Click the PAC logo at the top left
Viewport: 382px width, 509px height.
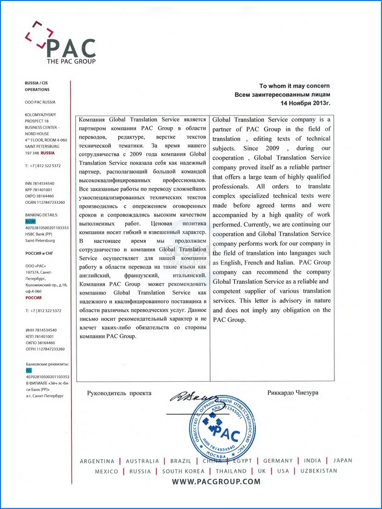click(x=60, y=43)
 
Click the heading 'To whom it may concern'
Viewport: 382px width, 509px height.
click(x=294, y=86)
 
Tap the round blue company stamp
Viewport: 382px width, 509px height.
click(x=221, y=428)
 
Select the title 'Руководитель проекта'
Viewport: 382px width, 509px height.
click(x=119, y=393)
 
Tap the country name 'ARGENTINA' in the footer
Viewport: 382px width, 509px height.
click(x=97, y=461)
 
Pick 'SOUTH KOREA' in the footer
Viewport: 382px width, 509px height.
click(x=183, y=471)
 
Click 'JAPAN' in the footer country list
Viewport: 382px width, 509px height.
click(x=342, y=461)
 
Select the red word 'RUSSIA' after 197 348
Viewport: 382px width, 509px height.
click(x=48, y=153)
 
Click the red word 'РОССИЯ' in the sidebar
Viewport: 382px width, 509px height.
click(x=33, y=298)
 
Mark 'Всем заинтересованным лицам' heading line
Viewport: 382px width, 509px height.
click(x=282, y=94)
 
